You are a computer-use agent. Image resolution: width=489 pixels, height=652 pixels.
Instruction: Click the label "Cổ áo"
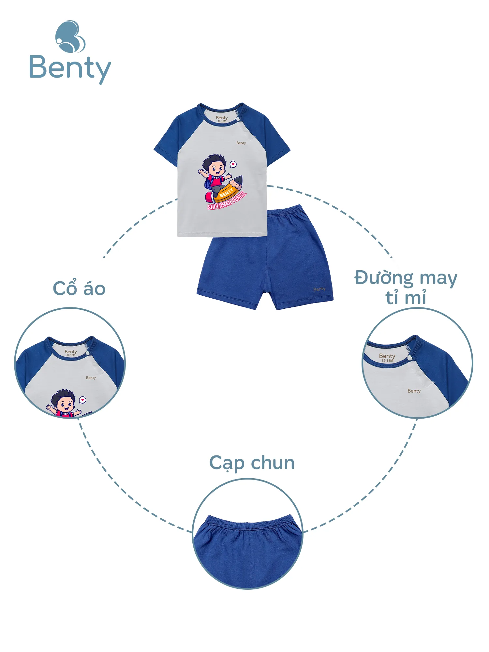tap(79, 289)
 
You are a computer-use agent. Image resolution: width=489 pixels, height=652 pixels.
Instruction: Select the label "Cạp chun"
tap(252, 463)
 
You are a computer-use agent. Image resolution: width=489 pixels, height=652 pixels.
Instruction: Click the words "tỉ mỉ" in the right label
tap(406, 298)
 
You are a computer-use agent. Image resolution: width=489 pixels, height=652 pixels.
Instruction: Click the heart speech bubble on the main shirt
tap(233, 164)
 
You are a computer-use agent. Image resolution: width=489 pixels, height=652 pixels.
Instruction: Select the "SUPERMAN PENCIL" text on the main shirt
tap(227, 200)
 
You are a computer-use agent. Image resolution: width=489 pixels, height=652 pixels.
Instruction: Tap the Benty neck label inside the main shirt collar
tap(222, 118)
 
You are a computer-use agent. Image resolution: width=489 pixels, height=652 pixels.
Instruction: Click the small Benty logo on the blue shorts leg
tap(319, 289)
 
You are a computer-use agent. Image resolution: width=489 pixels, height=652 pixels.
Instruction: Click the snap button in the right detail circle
tap(409, 358)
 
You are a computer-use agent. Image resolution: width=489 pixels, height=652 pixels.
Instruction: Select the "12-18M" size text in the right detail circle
tap(387, 361)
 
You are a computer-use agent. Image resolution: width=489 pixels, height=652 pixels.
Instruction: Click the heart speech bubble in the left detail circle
tap(83, 400)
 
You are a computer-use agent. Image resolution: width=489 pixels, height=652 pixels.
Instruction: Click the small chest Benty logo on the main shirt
tap(241, 143)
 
